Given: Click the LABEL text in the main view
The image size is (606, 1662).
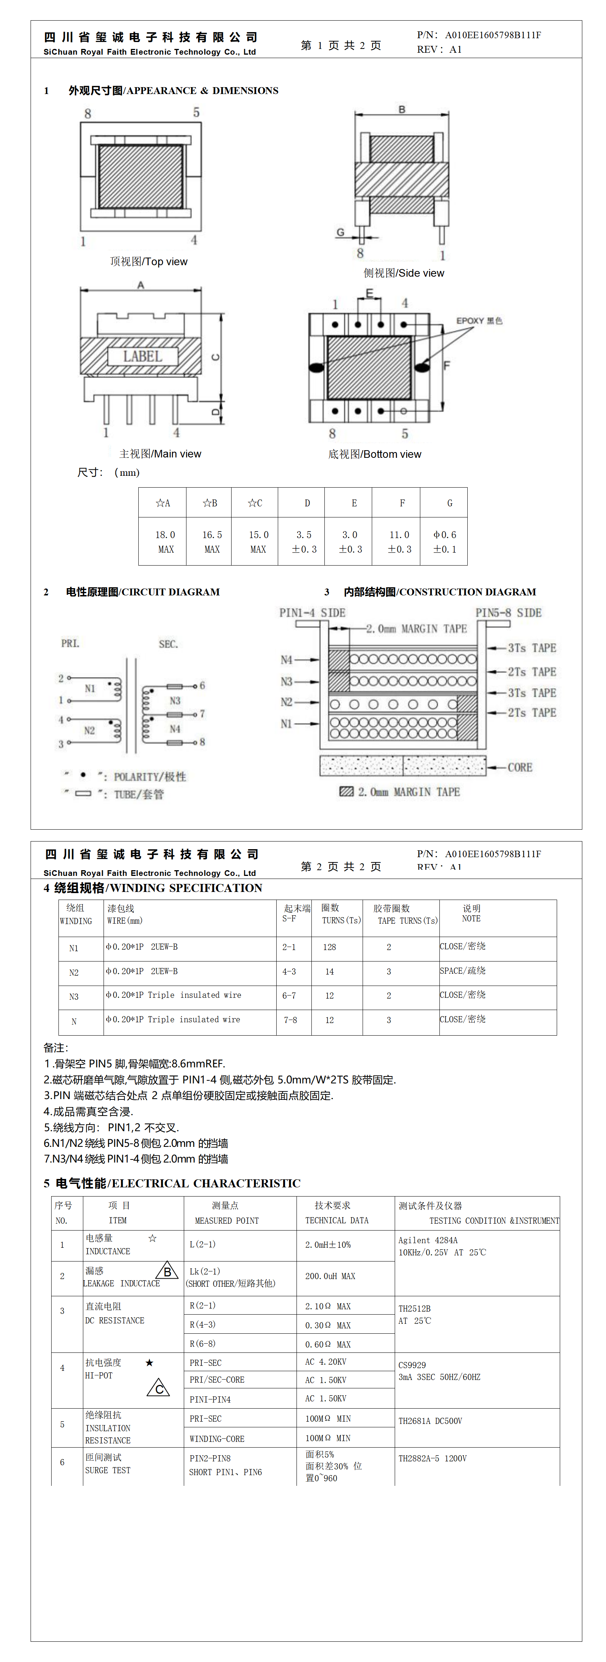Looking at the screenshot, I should pyautogui.click(x=142, y=356).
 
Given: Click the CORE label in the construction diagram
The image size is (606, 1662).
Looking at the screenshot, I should pyautogui.click(x=520, y=767).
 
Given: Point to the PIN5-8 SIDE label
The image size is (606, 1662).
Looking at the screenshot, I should pyautogui.click(x=509, y=612).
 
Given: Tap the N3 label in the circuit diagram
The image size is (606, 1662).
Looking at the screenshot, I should pyautogui.click(x=175, y=700).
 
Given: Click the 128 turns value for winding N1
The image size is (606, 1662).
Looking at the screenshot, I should pyautogui.click(x=329, y=947).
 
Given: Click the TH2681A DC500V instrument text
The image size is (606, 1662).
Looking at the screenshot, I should pyautogui.click(x=431, y=1421).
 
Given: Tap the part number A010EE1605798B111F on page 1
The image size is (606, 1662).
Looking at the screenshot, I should pyautogui.click(x=493, y=35).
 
